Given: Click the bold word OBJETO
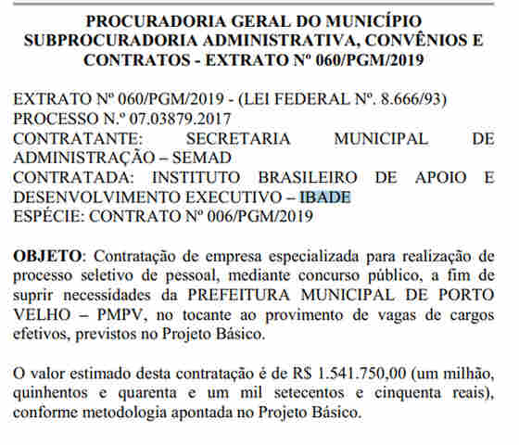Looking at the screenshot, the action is click(47, 255).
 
